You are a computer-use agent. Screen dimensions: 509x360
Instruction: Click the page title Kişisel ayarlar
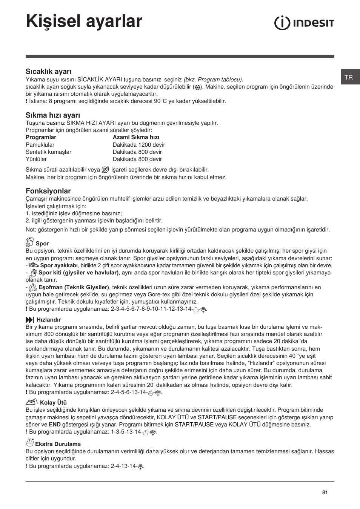pos(84,21)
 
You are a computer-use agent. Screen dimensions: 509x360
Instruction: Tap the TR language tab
pos(349,77)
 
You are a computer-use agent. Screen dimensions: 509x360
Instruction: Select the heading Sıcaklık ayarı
pos(49,72)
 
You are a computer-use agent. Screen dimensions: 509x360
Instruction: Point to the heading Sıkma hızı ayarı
pos(53,115)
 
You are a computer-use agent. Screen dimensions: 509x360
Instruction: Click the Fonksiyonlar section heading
pos(48,191)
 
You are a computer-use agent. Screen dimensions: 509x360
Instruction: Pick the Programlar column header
pos(41,137)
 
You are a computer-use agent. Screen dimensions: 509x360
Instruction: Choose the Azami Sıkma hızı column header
pos(136,137)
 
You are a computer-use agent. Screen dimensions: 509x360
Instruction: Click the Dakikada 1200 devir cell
pos(139,145)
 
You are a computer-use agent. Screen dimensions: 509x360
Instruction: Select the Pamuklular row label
pos(40,145)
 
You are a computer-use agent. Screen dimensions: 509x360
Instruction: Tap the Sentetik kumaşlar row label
pos(48,152)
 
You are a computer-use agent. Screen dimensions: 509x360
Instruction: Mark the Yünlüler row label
pos(36,159)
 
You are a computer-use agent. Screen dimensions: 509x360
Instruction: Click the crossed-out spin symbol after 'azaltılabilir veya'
pos(106,170)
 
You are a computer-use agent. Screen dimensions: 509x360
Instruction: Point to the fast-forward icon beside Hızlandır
pos(30,319)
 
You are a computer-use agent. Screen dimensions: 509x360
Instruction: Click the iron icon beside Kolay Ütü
pos(32,402)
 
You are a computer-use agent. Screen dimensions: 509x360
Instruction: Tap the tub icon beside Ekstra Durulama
pos(30,443)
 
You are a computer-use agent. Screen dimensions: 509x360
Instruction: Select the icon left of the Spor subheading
pos(30,242)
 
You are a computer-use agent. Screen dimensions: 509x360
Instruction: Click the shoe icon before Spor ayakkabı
pos(34,265)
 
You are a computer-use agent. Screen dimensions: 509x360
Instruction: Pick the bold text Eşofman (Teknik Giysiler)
pos(74,287)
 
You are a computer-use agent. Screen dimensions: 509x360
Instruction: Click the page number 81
pos(325,492)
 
